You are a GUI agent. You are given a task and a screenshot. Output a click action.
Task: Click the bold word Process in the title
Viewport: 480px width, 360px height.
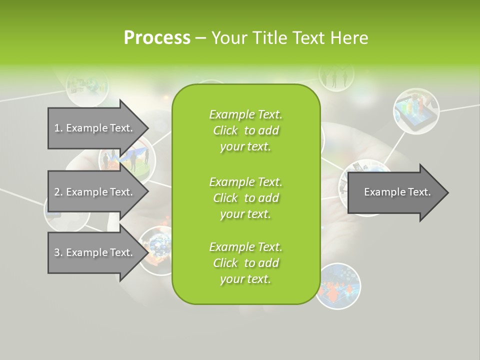(157, 38)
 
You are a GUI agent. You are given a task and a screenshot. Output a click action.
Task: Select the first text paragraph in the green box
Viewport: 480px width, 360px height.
(245, 130)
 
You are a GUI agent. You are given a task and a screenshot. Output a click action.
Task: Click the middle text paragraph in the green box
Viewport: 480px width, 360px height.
(245, 198)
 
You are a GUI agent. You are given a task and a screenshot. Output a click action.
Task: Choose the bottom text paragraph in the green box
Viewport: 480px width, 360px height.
(245, 263)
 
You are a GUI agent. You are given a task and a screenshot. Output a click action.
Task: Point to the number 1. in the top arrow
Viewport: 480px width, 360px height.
(58, 128)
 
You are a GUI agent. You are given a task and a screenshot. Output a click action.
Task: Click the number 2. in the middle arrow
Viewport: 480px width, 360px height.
(58, 192)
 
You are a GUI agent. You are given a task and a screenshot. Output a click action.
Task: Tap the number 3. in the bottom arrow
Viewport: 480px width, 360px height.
(58, 252)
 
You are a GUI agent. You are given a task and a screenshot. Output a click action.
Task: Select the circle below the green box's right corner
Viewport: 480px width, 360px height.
(338, 285)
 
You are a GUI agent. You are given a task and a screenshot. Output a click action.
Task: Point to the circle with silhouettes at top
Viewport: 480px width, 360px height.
(336, 76)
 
